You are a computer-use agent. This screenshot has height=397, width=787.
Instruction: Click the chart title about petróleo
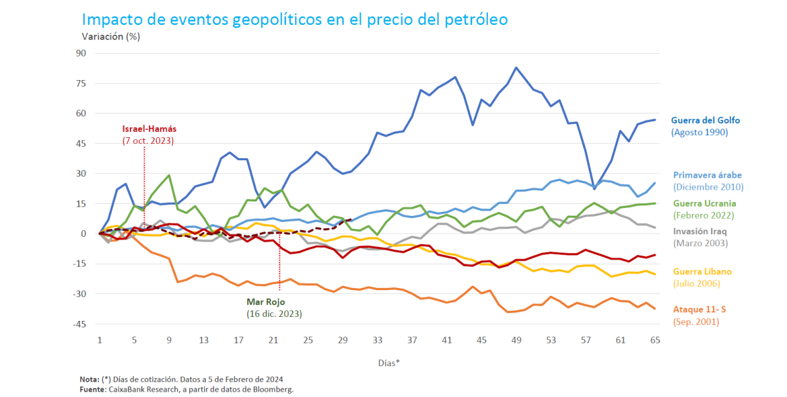[x=294, y=19]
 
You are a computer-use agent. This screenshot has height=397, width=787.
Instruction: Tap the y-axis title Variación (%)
[x=111, y=36]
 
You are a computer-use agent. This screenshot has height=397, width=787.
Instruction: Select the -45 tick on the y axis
[x=81, y=324]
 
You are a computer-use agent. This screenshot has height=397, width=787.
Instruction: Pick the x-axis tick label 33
[x=377, y=341]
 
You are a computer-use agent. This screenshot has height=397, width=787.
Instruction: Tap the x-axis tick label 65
[x=655, y=341]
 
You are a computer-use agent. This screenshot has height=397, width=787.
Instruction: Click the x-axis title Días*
[x=389, y=362]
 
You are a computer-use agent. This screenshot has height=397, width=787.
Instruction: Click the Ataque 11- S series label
[x=704, y=310]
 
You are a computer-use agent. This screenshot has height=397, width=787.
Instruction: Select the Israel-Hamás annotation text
[x=149, y=129]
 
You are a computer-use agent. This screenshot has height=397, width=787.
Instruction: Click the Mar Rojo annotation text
[x=264, y=302]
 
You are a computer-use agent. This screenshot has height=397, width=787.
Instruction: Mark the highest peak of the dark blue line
[x=516, y=68]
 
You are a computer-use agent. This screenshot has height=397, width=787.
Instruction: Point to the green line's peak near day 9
[x=169, y=175]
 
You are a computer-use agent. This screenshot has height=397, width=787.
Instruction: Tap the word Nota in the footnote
[x=89, y=379]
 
